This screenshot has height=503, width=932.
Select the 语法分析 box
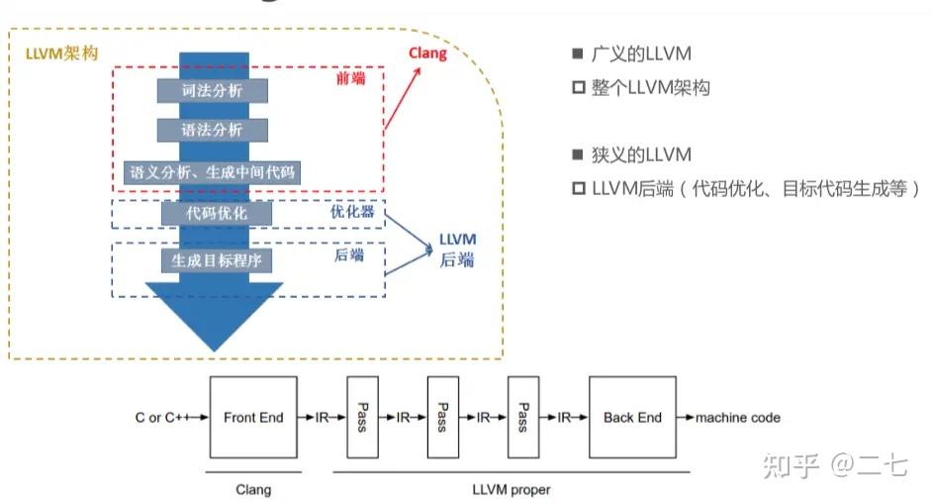(212, 130)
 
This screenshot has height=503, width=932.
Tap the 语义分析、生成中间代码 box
(212, 171)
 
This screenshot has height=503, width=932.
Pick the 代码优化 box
(217, 213)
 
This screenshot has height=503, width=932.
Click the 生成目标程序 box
(217, 259)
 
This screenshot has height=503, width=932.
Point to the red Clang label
(428, 53)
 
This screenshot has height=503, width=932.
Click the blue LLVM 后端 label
(457, 250)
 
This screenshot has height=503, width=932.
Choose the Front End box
(253, 417)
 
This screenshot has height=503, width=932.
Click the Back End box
(632, 417)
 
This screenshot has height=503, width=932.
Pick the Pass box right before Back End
(523, 417)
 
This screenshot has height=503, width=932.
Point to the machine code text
(737, 418)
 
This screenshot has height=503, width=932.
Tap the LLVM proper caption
(512, 489)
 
